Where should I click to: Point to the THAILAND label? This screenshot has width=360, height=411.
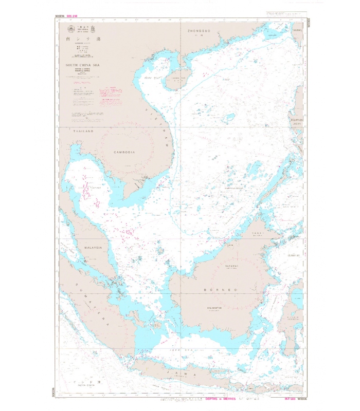(x=84, y=132)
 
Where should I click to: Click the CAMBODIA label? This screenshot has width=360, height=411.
(x=124, y=153)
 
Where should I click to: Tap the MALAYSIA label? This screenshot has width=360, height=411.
(x=94, y=248)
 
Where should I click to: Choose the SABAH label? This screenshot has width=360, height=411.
(x=257, y=233)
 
